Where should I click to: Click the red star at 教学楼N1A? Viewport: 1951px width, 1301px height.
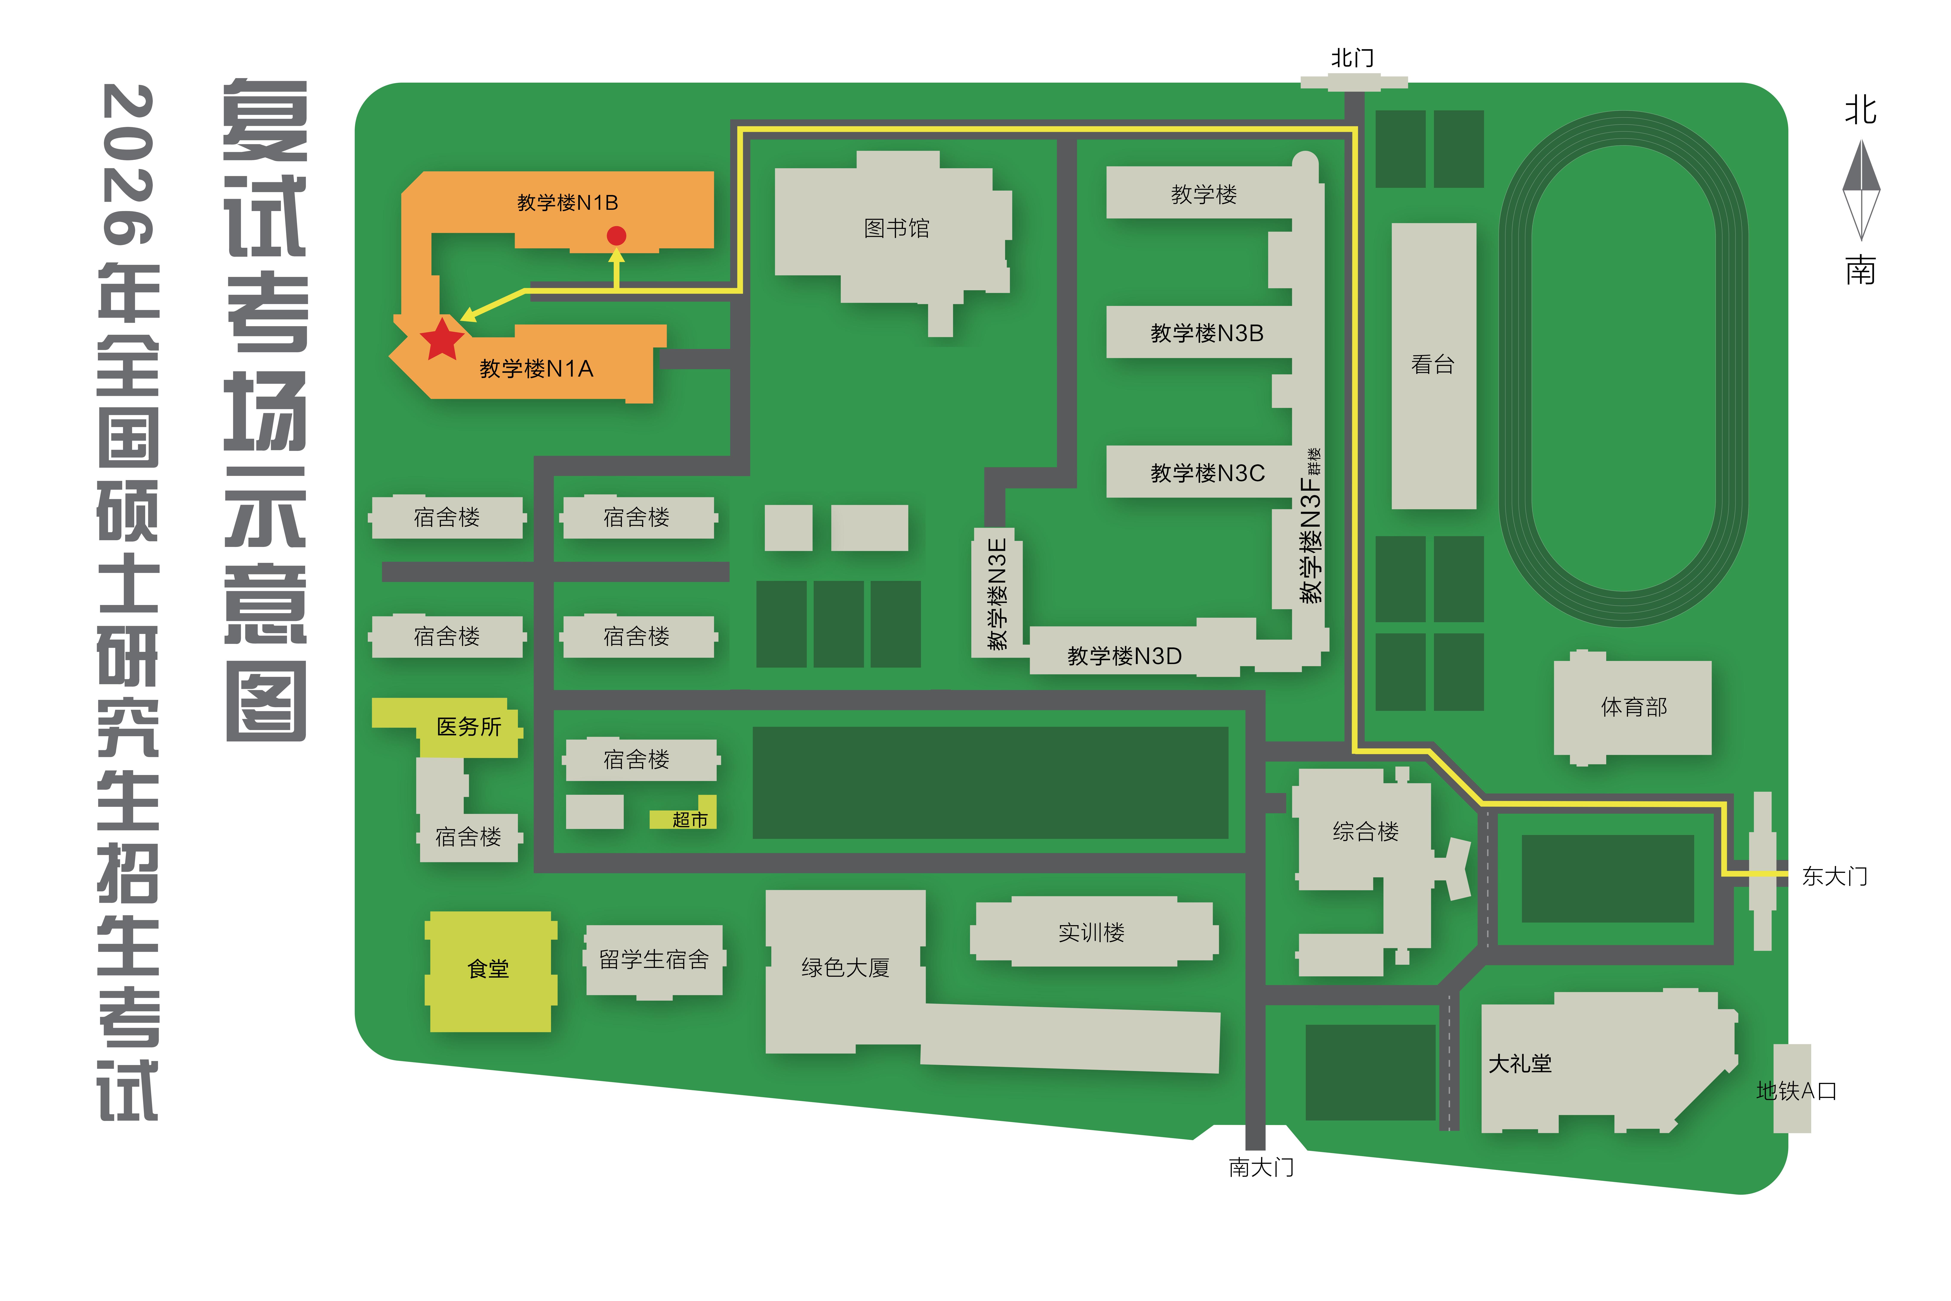point(441,339)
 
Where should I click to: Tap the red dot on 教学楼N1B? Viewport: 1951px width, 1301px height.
point(616,236)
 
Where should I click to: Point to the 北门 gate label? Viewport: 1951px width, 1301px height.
point(1352,58)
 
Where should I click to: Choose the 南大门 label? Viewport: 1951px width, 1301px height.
point(1261,1167)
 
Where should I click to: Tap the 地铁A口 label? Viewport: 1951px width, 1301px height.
point(1796,1091)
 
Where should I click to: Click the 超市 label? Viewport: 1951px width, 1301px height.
point(689,820)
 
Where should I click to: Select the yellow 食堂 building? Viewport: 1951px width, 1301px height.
point(489,971)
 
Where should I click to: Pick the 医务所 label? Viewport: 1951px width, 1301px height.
point(469,727)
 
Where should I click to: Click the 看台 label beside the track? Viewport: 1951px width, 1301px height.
point(1433,364)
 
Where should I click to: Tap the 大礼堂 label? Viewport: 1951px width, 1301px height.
point(1520,1064)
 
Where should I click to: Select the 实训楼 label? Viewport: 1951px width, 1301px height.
point(1092,933)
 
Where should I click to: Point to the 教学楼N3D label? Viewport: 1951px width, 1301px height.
point(1124,656)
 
